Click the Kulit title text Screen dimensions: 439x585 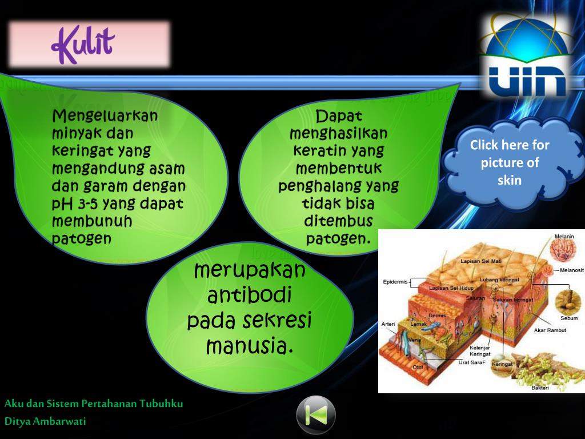pyautogui.click(x=83, y=45)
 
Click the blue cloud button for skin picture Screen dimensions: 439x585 pyautogui.click(x=510, y=162)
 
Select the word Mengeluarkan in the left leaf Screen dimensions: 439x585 pyautogui.click(x=105, y=117)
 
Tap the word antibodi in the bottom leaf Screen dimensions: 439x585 pyautogui.click(x=250, y=296)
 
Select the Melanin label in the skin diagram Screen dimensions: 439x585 pyautogui.click(x=564, y=237)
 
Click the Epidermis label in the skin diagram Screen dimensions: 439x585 pyautogui.click(x=395, y=282)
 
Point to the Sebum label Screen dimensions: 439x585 pyautogui.click(x=569, y=318)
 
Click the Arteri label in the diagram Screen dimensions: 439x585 pyautogui.click(x=388, y=324)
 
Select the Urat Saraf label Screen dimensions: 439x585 pyautogui.click(x=471, y=362)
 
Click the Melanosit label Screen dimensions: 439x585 pyautogui.click(x=571, y=270)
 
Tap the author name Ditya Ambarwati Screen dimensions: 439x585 pyautogui.click(x=46, y=421)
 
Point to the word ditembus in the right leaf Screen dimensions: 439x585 pyautogui.click(x=338, y=221)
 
